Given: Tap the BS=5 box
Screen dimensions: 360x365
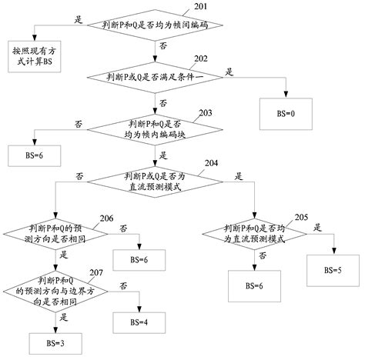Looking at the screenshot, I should pyautogui.click(x=331, y=269).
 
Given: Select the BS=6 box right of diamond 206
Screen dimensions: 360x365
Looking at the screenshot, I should pyautogui.click(x=139, y=260).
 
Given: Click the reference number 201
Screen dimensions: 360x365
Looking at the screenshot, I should pyautogui.click(x=200, y=6).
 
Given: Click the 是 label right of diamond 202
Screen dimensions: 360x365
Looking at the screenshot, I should pyautogui.click(x=229, y=71).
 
